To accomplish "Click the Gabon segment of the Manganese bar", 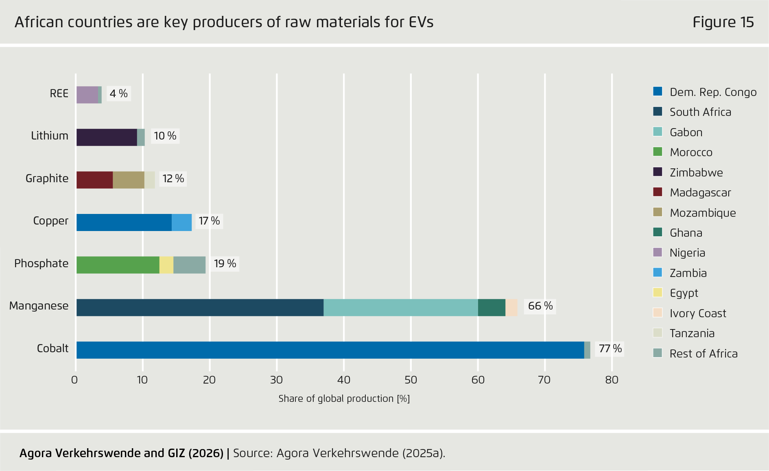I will [400, 307].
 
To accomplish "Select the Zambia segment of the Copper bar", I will [181, 222].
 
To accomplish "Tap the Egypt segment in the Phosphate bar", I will [166, 265].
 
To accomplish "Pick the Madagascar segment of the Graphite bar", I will [94, 180].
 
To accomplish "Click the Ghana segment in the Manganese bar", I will [492, 307].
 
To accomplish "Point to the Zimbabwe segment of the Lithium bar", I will [107, 137].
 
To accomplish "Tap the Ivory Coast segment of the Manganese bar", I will [511, 307].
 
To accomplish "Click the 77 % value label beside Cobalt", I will [610, 349].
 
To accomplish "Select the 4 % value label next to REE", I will [118, 94].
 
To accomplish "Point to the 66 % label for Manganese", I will [540, 306].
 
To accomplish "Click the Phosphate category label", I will [41, 264].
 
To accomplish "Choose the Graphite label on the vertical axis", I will [47, 179].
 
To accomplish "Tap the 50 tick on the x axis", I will [411, 380].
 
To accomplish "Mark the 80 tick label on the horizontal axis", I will [612, 380].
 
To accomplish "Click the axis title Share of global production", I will [344, 399].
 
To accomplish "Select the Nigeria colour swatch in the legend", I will [658, 253].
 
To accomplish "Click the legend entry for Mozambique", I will [702, 213].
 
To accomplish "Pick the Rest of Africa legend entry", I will [703, 353].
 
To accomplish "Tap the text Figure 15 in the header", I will [723, 22].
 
